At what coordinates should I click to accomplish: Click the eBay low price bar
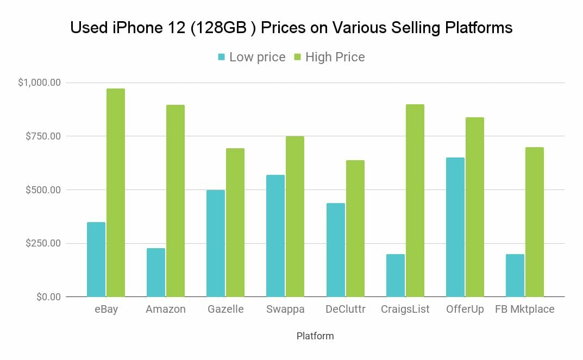[96, 259]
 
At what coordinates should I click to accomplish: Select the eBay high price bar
[116, 193]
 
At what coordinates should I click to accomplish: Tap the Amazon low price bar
[156, 272]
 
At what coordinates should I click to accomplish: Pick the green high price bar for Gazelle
[235, 223]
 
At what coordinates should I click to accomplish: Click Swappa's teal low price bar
[275, 236]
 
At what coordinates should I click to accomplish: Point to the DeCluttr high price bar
[355, 229]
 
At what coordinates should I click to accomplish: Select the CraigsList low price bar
[395, 275]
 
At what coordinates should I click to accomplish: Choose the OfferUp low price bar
[455, 227]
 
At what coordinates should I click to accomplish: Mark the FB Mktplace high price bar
[535, 222]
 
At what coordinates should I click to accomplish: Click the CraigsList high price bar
[415, 200]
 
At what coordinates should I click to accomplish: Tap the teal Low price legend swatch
[222, 57]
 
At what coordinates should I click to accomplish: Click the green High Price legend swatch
[298, 57]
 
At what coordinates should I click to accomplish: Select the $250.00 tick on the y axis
[43, 243]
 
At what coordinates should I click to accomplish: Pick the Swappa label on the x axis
[285, 310]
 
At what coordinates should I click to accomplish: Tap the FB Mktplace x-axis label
[525, 310]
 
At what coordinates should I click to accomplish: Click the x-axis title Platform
[315, 336]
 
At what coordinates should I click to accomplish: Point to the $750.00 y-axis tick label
[43, 136]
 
